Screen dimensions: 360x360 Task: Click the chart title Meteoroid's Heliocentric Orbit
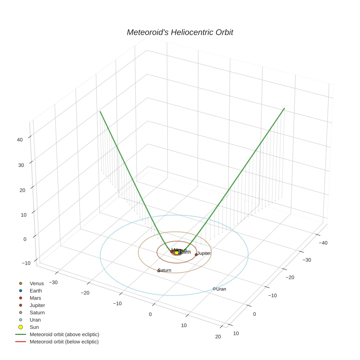pyautogui.click(x=180, y=33)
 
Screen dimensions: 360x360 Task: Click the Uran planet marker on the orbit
pyautogui.click(x=214, y=289)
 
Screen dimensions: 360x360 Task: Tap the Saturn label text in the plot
pyautogui.click(x=165, y=270)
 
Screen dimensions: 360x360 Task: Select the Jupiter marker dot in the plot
pyautogui.click(x=196, y=254)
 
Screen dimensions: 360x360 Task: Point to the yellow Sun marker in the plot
pyautogui.click(x=176, y=252)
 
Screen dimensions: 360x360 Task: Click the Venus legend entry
pyautogui.click(x=37, y=283)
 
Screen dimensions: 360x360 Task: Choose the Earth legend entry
pyautogui.click(x=36, y=290)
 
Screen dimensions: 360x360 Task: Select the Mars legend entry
pyautogui.click(x=35, y=298)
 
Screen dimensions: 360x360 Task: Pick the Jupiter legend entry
pyautogui.click(x=37, y=305)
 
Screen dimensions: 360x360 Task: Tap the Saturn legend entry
pyautogui.click(x=37, y=312)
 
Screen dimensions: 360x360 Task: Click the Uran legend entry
pyautogui.click(x=35, y=320)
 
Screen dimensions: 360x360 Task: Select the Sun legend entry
pyautogui.click(x=34, y=327)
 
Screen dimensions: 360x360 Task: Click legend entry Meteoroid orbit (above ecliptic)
pyautogui.click(x=64, y=334)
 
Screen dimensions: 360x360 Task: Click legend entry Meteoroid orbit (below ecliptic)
pyautogui.click(x=64, y=342)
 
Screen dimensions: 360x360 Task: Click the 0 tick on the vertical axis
pyautogui.click(x=25, y=239)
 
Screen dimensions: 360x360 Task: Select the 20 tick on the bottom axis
pyautogui.click(x=218, y=337)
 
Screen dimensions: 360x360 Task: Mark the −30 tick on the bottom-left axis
pyautogui.click(x=53, y=282)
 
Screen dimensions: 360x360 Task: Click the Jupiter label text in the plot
pyautogui.click(x=204, y=253)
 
